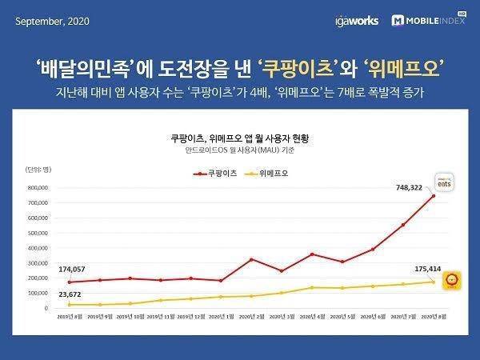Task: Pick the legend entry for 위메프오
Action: pyautogui.click(x=270, y=172)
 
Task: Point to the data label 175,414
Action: pyautogui.click(x=410, y=270)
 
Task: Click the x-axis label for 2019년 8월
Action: pyautogui.click(x=71, y=316)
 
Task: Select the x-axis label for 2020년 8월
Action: pyautogui.click(x=433, y=316)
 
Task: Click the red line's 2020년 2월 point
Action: pyautogui.click(x=252, y=259)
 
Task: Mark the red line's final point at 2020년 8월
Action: pyautogui.click(x=434, y=195)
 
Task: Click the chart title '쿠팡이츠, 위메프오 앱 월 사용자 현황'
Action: pyautogui.click(x=240, y=138)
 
